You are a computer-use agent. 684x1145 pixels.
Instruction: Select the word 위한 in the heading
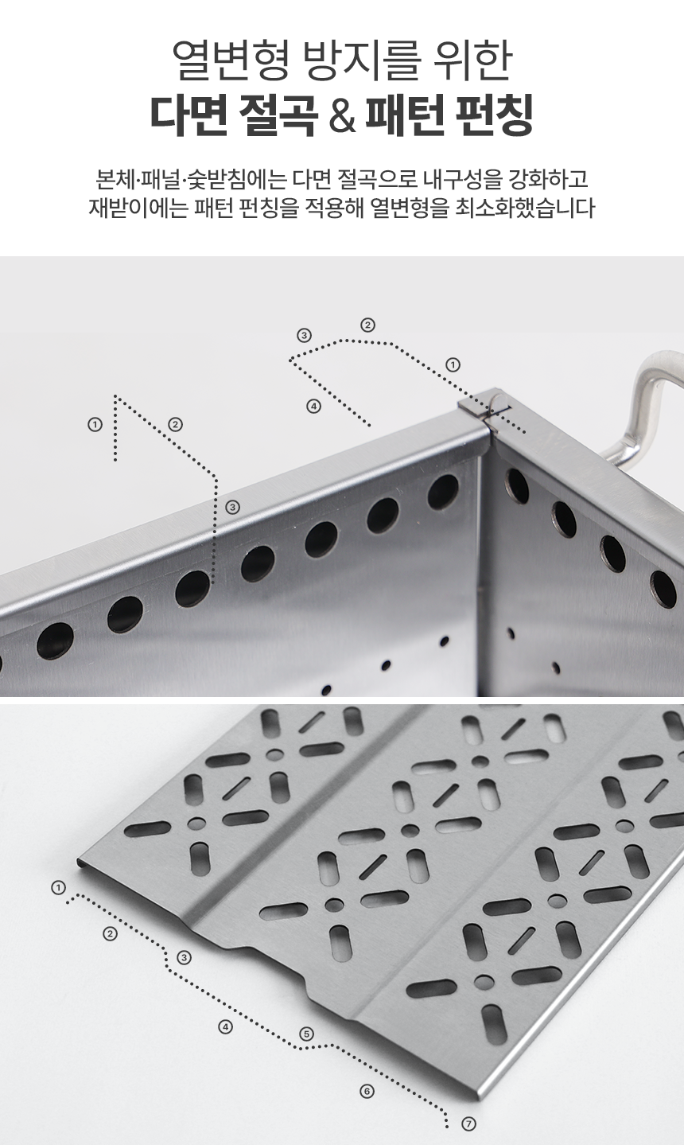(471, 60)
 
